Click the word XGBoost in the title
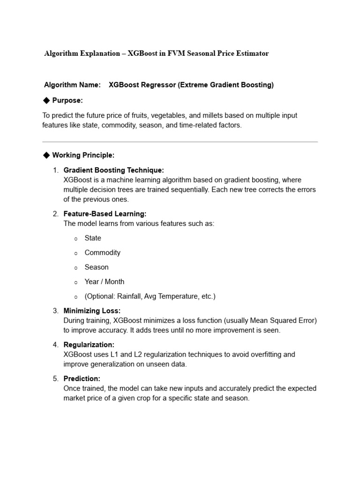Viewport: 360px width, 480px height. point(140,53)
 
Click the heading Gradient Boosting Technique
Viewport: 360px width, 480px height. point(113,170)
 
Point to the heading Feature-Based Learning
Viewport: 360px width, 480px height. point(105,214)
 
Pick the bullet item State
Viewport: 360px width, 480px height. point(93,238)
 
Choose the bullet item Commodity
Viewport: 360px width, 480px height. point(102,253)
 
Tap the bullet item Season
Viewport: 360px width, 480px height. point(96,267)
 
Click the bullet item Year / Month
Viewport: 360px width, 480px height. point(104,282)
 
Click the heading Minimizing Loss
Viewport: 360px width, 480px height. point(92,311)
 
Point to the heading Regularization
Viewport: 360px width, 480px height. point(89,345)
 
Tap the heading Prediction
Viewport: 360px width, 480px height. point(82,378)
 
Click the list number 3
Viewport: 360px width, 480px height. point(55,311)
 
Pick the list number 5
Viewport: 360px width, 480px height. point(55,378)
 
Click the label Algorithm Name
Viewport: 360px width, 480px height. point(72,85)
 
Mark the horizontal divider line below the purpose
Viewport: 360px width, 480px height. point(180,142)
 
